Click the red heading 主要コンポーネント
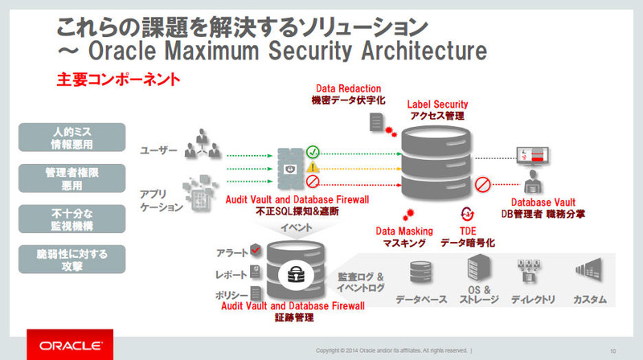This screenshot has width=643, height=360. pos(117,81)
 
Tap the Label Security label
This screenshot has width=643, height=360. pos(437,104)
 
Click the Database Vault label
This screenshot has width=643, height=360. pos(555,202)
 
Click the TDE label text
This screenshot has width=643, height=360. pos(468,231)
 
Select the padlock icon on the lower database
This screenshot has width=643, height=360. pos(290,274)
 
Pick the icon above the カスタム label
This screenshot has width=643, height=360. pos(588,270)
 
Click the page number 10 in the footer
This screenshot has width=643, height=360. pos(612,350)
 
